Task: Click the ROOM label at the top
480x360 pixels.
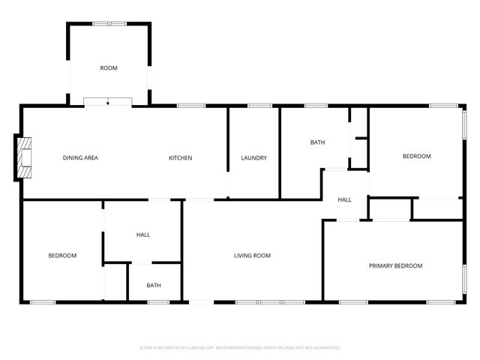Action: click(x=109, y=68)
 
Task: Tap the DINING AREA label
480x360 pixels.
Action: click(x=80, y=157)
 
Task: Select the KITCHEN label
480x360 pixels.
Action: click(x=181, y=157)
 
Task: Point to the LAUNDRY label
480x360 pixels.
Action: click(x=254, y=157)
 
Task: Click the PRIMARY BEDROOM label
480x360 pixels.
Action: click(x=395, y=265)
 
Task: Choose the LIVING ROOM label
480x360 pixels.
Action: click(x=252, y=256)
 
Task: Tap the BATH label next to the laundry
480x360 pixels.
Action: click(x=317, y=142)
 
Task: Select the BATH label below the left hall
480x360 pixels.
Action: click(x=154, y=285)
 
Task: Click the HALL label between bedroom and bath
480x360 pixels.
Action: click(x=143, y=235)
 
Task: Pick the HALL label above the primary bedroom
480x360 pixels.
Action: click(x=345, y=199)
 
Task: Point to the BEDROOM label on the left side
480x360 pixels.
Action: click(x=62, y=256)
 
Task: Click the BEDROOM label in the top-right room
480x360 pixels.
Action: click(x=417, y=156)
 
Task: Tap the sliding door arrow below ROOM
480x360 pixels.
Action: click(x=108, y=102)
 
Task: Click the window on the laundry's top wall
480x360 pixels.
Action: click(x=259, y=106)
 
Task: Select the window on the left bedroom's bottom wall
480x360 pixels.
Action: click(x=43, y=302)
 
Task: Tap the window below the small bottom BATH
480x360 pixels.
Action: click(x=157, y=302)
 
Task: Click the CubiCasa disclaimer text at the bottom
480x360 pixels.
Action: click(x=240, y=348)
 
